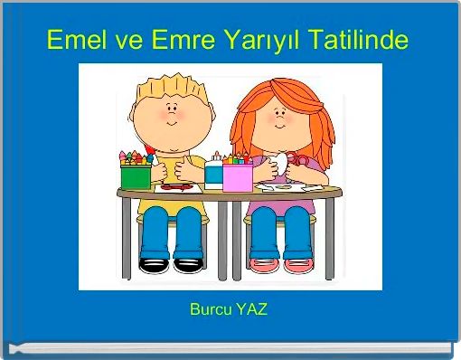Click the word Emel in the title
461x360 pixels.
[x=73, y=41]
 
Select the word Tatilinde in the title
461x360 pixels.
[x=358, y=41]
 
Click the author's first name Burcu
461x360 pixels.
[x=210, y=310]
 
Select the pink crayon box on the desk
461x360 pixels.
[x=237, y=175]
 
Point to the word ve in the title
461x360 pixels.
[x=123, y=41]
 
